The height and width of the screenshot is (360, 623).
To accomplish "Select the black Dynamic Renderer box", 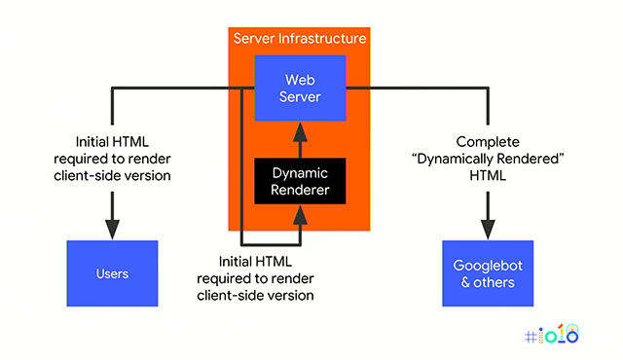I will pyautogui.click(x=300, y=181).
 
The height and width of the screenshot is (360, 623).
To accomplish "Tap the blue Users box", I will pyautogui.click(x=111, y=273).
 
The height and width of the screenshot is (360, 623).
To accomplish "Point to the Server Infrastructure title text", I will pyautogui.click(x=300, y=39).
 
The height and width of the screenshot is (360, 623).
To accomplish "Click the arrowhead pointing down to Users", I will pyautogui.click(x=112, y=226).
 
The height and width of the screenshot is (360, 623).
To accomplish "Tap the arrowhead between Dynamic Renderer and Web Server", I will pyautogui.click(x=300, y=133).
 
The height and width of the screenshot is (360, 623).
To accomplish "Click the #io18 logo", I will pyautogui.click(x=551, y=336).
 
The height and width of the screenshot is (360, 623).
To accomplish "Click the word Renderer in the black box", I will pyautogui.click(x=300, y=191).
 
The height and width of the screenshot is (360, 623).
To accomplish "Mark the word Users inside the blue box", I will pyautogui.click(x=111, y=273).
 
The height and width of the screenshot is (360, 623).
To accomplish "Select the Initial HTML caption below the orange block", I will pyautogui.click(x=270, y=277).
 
